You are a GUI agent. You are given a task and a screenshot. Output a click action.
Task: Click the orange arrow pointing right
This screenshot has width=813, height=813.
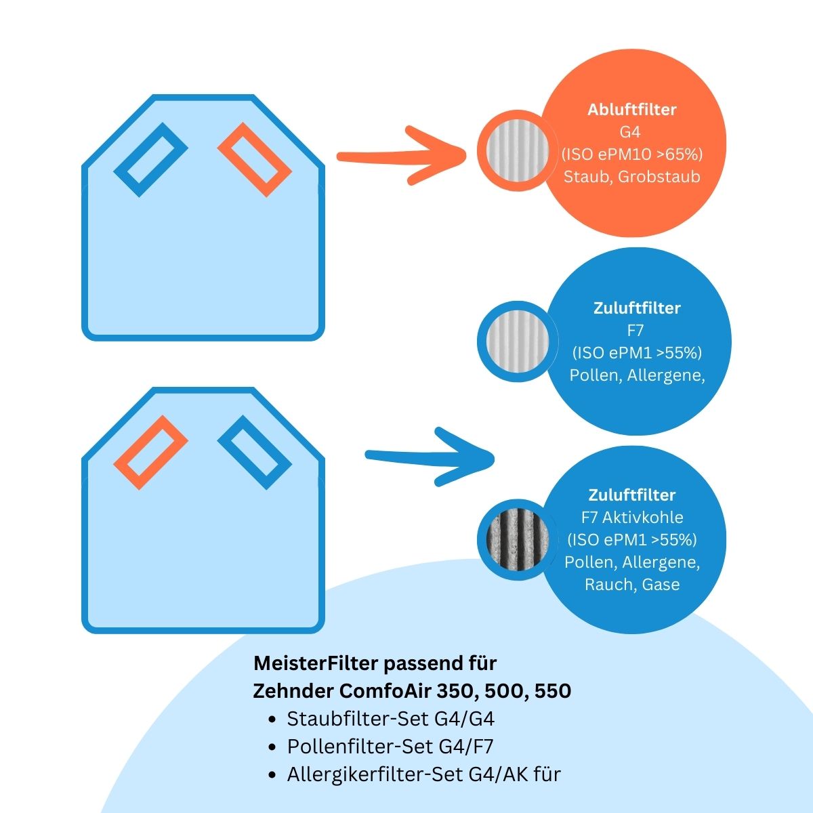coord(400,156)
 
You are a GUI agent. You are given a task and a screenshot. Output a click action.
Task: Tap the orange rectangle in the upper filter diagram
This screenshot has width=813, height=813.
coord(254,160)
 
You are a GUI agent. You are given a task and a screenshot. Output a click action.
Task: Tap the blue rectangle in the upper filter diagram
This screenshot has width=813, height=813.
coord(150,160)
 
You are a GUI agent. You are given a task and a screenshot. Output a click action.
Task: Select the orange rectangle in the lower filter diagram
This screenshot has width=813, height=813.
coord(150,453)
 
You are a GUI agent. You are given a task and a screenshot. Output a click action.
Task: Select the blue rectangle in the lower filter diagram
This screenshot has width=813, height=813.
coord(254,453)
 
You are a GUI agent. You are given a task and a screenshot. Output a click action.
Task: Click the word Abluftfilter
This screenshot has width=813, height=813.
coord(631,110)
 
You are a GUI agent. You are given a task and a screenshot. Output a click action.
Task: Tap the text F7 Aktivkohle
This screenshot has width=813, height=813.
coord(631,518)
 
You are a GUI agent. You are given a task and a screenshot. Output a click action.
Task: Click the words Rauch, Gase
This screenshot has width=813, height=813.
coord(631,584)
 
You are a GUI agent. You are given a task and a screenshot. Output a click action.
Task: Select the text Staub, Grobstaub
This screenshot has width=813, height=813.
coord(631,176)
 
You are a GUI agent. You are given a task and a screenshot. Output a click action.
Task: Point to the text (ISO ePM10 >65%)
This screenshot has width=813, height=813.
coord(631,154)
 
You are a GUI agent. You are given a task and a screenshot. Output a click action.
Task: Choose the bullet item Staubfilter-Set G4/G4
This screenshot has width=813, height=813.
coord(395,718)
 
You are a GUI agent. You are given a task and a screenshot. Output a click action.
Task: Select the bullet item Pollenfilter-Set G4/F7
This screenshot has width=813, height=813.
coord(390,747)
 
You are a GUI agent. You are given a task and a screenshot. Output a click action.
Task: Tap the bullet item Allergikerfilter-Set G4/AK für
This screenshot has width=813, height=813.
coord(423,774)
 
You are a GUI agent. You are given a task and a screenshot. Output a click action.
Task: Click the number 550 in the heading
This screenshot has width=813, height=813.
coord(553,691)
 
